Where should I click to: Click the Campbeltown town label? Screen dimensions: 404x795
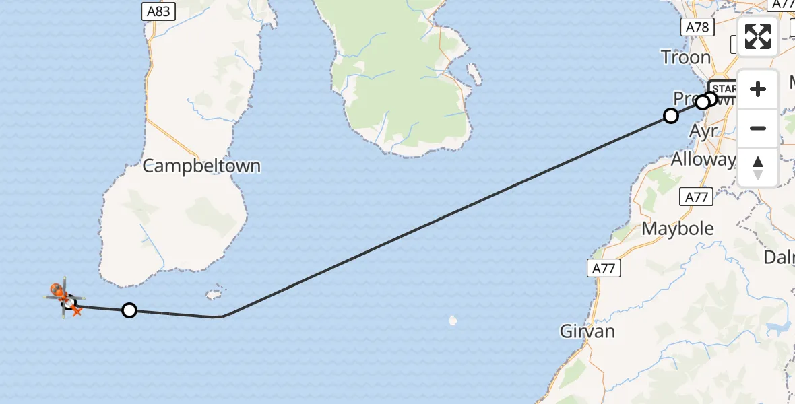point(201,166)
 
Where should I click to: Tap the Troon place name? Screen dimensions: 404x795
point(686,57)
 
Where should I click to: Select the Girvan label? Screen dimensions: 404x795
point(587,331)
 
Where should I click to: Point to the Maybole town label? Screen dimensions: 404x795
point(678,228)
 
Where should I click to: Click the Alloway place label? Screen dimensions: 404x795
point(703,160)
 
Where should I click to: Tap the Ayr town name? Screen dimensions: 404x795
point(704,131)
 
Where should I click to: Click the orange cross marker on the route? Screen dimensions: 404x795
point(76,310)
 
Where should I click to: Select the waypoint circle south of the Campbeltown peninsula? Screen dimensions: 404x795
point(129,310)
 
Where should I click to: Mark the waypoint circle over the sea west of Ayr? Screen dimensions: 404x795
point(670,116)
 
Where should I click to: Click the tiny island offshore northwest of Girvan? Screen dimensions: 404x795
point(453,321)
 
